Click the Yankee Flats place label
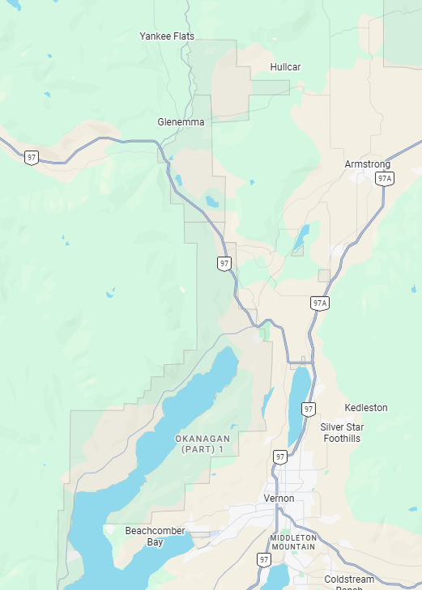click(166, 36)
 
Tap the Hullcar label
click(285, 67)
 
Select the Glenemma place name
click(181, 122)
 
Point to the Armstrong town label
click(367, 164)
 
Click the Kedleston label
click(366, 408)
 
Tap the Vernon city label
click(279, 499)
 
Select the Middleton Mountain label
click(292, 542)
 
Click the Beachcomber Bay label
click(155, 537)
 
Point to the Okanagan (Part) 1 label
click(202, 444)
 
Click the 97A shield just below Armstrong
click(385, 178)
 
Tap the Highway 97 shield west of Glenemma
click(31, 157)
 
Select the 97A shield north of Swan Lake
click(319, 303)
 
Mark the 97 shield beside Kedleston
click(309, 410)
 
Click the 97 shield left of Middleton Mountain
click(264, 559)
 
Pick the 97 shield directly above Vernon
click(280, 457)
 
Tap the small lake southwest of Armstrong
click(301, 236)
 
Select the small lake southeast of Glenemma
click(212, 201)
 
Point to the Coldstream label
click(349, 579)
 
